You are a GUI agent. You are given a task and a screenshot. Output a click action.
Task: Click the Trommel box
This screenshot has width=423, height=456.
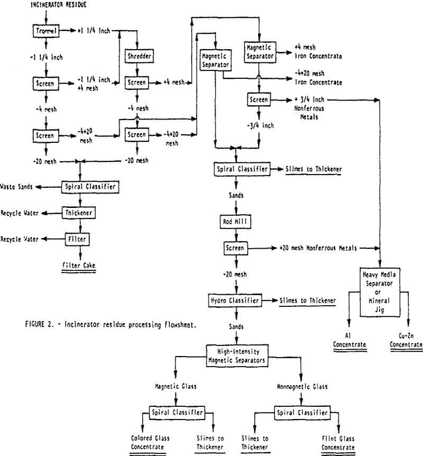(46, 31)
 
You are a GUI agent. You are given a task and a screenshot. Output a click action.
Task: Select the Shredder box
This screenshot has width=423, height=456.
(139, 56)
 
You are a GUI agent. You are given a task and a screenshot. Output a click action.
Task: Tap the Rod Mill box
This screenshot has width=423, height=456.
(235, 222)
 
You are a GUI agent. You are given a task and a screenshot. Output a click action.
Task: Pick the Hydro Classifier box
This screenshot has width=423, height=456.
(235, 300)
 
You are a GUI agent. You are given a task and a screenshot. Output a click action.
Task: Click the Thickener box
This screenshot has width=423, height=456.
(78, 213)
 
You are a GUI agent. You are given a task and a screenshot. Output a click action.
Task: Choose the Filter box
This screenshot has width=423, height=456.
(77, 239)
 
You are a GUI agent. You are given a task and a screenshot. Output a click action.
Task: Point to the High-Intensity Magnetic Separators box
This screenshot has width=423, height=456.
(237, 355)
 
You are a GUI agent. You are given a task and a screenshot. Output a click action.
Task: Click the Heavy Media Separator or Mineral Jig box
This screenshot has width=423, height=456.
(380, 292)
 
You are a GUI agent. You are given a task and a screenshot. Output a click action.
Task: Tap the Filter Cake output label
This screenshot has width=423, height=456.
(79, 265)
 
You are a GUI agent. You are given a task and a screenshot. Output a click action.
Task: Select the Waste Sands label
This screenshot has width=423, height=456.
(16, 187)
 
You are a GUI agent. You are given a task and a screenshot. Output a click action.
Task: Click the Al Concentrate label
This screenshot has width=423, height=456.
(349, 340)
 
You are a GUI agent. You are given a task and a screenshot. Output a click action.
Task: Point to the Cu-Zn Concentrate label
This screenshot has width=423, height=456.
(406, 340)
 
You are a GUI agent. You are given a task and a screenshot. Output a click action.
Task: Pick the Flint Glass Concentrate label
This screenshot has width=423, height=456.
(338, 443)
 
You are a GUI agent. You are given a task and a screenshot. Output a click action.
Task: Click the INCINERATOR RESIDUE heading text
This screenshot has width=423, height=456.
(59, 5)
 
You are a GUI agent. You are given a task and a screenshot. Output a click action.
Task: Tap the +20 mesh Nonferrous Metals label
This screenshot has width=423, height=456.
(318, 248)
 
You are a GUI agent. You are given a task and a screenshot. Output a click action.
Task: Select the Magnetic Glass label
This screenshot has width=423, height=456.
(176, 387)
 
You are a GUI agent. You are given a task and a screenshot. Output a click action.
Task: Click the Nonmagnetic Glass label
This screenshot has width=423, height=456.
(302, 387)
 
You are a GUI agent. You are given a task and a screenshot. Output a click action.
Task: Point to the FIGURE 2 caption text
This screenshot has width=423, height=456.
(111, 325)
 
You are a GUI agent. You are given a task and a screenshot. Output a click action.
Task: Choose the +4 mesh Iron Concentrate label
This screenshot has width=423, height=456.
(318, 51)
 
